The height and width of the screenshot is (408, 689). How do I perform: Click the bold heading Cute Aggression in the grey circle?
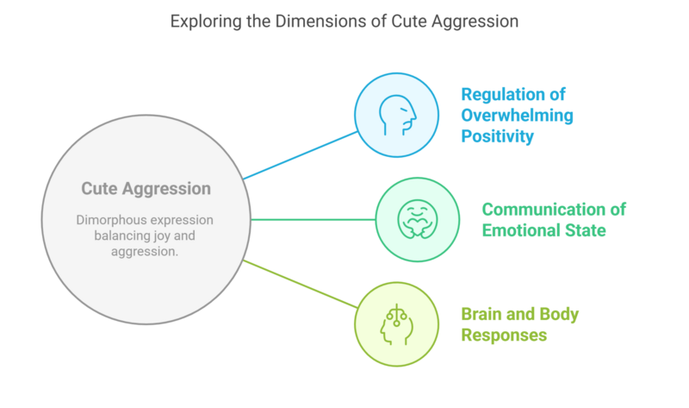point(146,189)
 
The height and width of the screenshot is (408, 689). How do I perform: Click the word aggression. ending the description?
point(145,252)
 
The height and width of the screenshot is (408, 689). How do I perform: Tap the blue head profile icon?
point(397,115)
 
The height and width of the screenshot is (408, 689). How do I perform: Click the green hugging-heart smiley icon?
point(418,219)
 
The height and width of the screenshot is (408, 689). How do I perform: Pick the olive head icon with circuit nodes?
point(397,324)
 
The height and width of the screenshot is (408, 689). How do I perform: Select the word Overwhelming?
point(518,116)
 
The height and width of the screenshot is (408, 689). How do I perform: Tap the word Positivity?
point(498,136)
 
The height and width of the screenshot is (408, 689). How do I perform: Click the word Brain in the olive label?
point(481,314)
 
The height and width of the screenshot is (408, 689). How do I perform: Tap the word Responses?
point(504,336)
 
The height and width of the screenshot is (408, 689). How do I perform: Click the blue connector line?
point(301,155)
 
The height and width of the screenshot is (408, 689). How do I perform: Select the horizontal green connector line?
point(313,219)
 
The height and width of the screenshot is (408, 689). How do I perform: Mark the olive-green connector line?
point(301,284)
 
